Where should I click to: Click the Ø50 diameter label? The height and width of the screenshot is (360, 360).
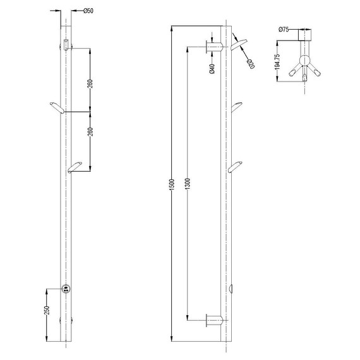click(x=89, y=11)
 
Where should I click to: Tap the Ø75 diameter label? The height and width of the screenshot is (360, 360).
click(x=284, y=30)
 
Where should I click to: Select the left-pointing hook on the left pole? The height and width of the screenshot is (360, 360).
click(x=56, y=107)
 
